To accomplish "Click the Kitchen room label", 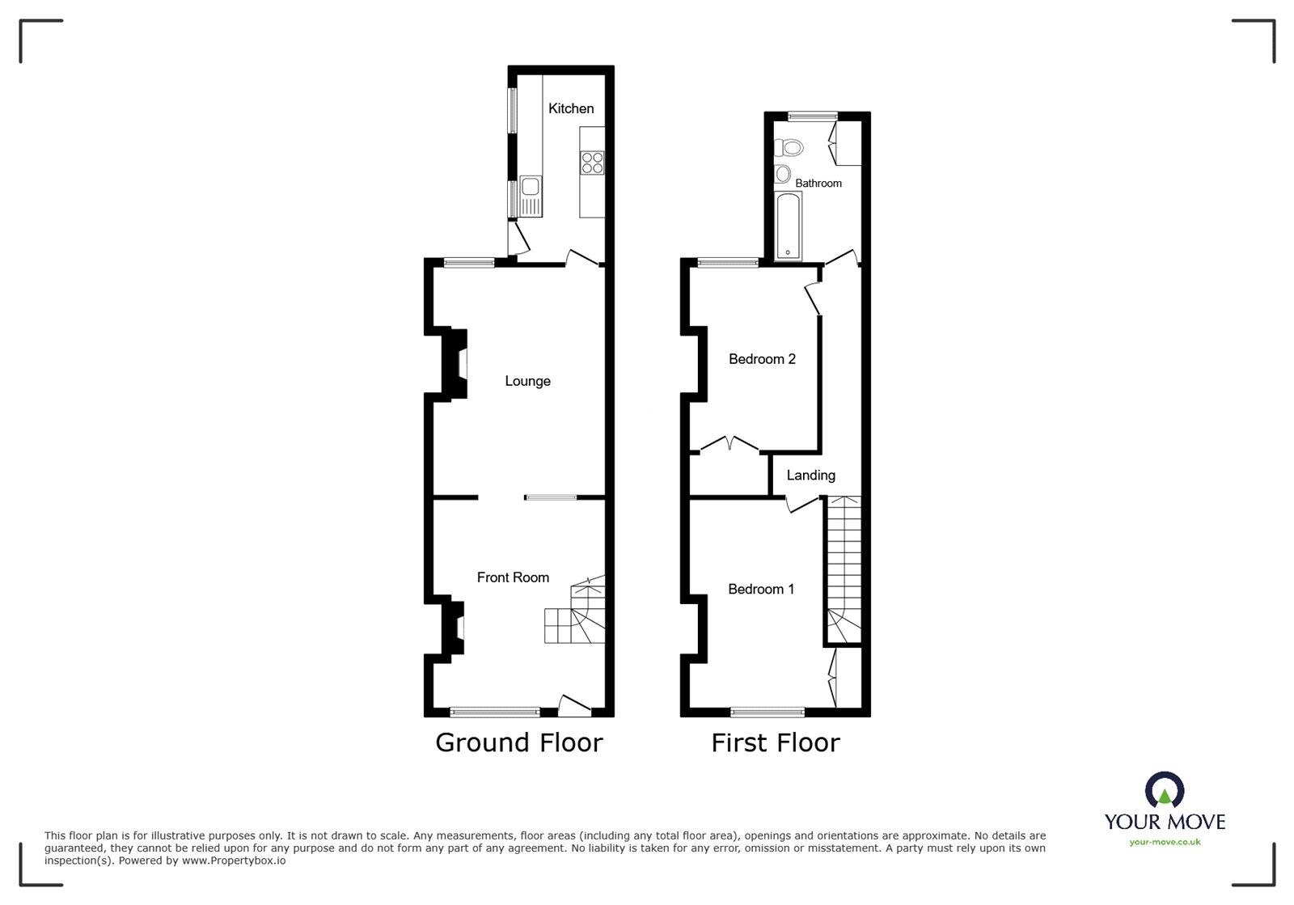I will pyautogui.click(x=571, y=108).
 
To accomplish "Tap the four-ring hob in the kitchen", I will pyautogui.click(x=592, y=163).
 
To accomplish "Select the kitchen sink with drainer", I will pyautogui.click(x=531, y=197).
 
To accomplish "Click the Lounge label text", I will pyautogui.click(x=527, y=381).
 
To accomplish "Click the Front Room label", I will pyautogui.click(x=513, y=577).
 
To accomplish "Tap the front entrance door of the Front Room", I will pyautogui.click(x=574, y=706).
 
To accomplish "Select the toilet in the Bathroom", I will pyautogui.click(x=789, y=147).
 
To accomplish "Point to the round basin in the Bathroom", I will pyautogui.click(x=783, y=173).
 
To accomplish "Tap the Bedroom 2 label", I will pyautogui.click(x=762, y=359).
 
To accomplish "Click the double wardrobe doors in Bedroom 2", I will pyautogui.click(x=729, y=444).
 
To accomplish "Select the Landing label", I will pyautogui.click(x=810, y=476).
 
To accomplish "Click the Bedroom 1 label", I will pyautogui.click(x=761, y=590).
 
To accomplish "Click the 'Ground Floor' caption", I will pyautogui.click(x=518, y=742).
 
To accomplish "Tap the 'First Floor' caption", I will pyautogui.click(x=775, y=742).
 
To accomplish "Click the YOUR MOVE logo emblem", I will pyautogui.click(x=1165, y=789).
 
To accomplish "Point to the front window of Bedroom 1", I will pyautogui.click(x=767, y=713).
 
